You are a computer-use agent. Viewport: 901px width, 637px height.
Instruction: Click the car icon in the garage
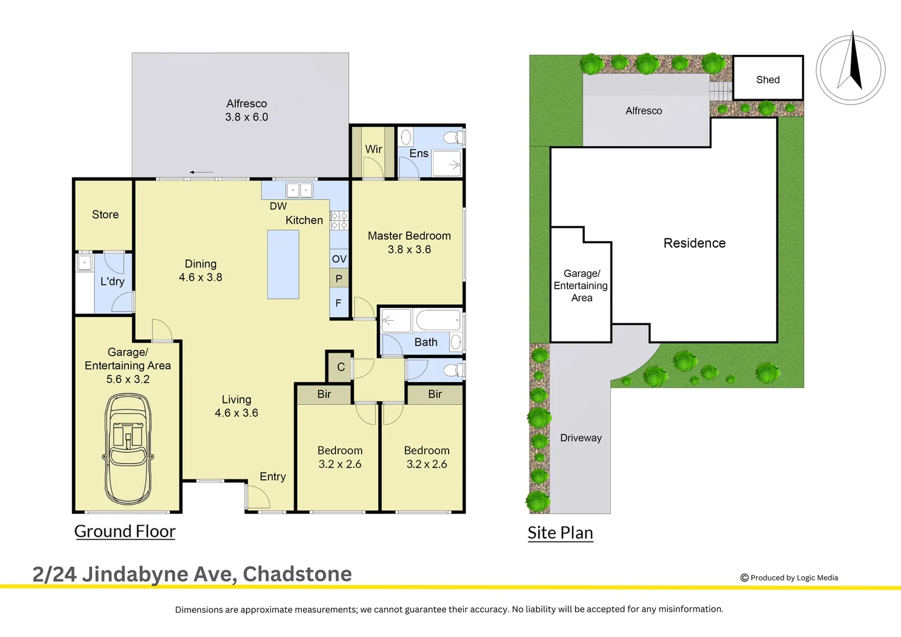pyautogui.click(x=128, y=449)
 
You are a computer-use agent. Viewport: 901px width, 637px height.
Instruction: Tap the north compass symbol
pyautogui.click(x=850, y=69)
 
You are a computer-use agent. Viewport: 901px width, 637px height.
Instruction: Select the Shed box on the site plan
pyautogui.click(x=767, y=78)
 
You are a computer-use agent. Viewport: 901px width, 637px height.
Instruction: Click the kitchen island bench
pyautogui.click(x=283, y=264)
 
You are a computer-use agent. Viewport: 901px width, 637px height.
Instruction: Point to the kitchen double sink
pyautogui.click(x=299, y=190)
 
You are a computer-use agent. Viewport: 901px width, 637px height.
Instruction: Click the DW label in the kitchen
pyautogui.click(x=278, y=206)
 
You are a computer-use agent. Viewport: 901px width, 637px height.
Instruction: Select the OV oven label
pyautogui.click(x=339, y=258)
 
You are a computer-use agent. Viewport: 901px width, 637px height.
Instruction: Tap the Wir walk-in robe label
pyautogui.click(x=373, y=149)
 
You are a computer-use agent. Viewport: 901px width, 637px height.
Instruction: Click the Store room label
pyautogui.click(x=105, y=215)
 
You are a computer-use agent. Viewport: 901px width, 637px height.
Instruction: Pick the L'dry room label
pyautogui.click(x=112, y=281)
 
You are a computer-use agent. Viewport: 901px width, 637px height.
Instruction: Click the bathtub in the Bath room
pyautogui.click(x=438, y=321)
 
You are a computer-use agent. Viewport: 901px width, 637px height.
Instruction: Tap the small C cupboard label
pyautogui.click(x=340, y=367)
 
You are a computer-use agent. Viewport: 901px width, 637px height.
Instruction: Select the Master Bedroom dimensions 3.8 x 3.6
pyautogui.click(x=409, y=249)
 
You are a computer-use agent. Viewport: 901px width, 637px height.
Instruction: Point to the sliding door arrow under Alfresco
pyautogui.click(x=202, y=172)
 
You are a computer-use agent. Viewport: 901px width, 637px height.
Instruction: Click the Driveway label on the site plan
pyautogui.click(x=581, y=438)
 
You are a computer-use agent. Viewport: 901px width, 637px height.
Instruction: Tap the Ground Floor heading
pyautogui.click(x=125, y=531)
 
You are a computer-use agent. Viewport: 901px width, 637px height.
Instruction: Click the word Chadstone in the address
pyautogui.click(x=297, y=574)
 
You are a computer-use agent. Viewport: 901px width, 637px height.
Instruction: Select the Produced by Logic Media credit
pyautogui.click(x=789, y=577)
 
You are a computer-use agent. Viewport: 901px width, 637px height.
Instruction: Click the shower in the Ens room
pyautogui.click(x=446, y=163)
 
